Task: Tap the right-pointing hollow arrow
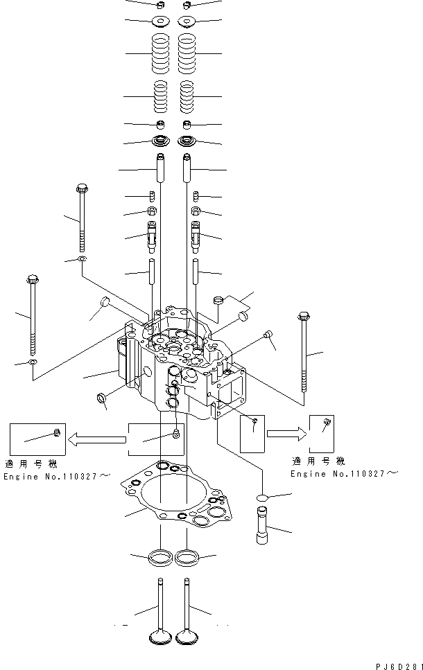click(x=286, y=434)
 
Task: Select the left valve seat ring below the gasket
click(x=160, y=556)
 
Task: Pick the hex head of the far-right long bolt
click(x=302, y=317)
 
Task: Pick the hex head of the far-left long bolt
click(x=32, y=280)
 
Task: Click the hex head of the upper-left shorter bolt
click(x=82, y=188)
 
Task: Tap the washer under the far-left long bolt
click(x=32, y=362)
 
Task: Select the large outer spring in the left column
click(x=160, y=53)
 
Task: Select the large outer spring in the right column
click(x=188, y=53)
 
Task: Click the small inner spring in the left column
click(x=160, y=96)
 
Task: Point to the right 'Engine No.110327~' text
click(x=344, y=473)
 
